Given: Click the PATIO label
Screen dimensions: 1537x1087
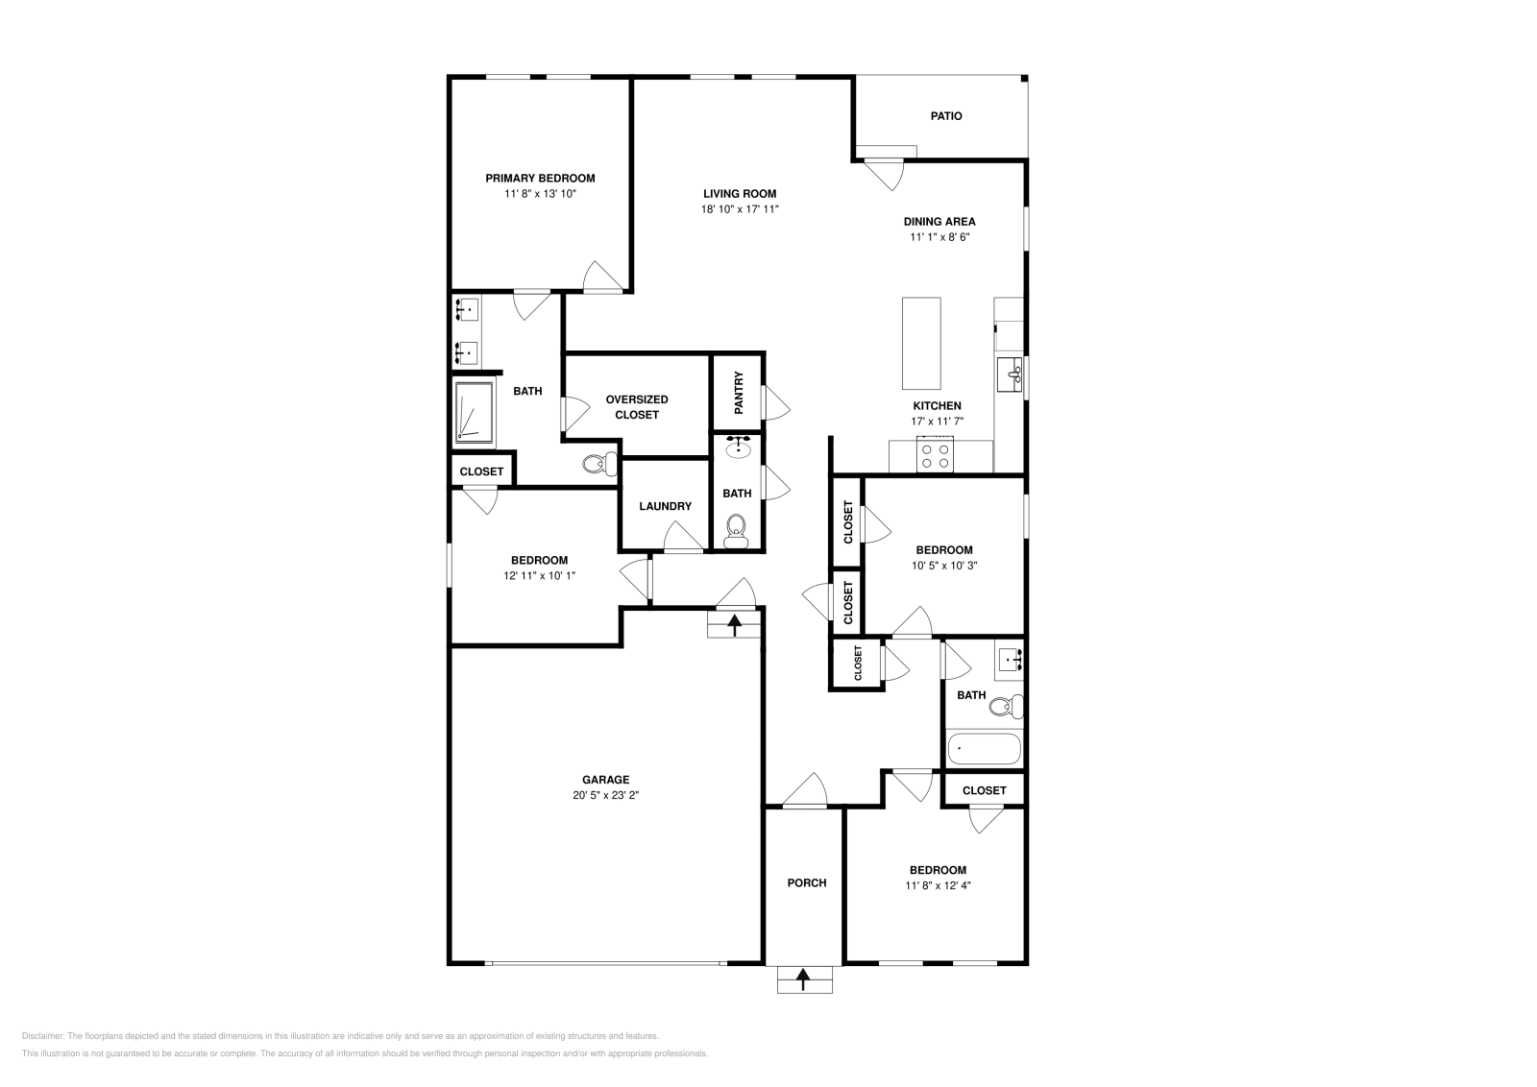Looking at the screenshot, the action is click(945, 116).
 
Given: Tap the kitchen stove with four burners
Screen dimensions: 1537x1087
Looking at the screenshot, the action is click(935, 455).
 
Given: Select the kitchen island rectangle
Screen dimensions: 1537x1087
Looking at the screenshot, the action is click(921, 343).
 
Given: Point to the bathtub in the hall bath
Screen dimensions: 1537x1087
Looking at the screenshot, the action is click(984, 749).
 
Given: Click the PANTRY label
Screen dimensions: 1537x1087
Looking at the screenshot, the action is click(739, 393).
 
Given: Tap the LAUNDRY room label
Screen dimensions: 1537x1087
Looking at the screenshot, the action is click(665, 506).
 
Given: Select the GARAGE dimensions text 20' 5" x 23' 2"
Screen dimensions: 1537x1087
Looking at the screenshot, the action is click(605, 795).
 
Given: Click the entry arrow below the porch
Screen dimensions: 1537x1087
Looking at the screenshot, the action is click(803, 979).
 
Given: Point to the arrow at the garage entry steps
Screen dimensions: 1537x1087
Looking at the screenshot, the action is click(734, 625).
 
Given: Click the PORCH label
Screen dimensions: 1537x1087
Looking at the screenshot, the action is click(807, 882).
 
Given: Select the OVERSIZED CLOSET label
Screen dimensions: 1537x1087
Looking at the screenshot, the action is click(637, 407).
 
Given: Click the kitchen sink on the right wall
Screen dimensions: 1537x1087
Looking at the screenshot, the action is click(1010, 374).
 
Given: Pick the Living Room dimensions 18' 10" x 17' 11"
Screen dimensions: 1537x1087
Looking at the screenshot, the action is click(740, 209).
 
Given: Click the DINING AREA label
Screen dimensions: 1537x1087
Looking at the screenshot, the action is click(939, 222).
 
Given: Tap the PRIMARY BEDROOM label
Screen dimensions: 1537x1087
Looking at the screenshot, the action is click(540, 179).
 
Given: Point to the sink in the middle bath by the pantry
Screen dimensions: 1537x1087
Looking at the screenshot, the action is click(739, 447).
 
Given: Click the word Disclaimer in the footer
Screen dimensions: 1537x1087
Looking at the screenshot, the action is click(43, 1036).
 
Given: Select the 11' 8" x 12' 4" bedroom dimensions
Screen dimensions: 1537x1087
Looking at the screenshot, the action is click(938, 885).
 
